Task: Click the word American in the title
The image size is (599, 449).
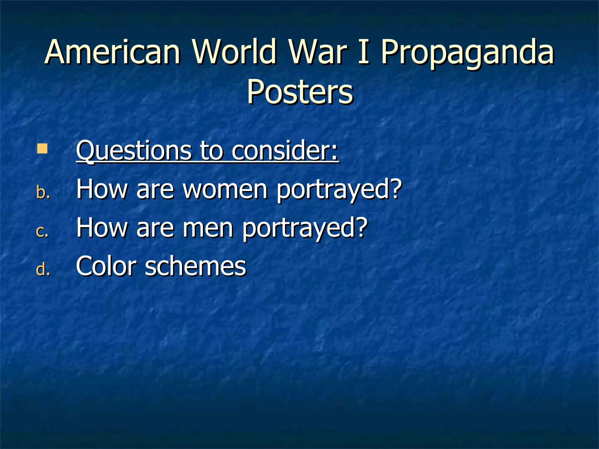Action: tap(113, 52)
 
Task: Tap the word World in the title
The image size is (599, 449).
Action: tap(234, 52)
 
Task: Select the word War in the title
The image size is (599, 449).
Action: tap(318, 52)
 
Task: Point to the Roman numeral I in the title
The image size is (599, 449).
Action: tap(364, 52)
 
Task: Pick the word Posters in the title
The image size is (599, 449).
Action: tap(300, 92)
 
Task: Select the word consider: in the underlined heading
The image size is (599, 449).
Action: tap(285, 151)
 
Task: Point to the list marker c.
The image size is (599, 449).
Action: tap(42, 231)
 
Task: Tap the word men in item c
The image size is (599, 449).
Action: tap(208, 228)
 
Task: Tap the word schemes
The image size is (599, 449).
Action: tap(196, 266)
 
